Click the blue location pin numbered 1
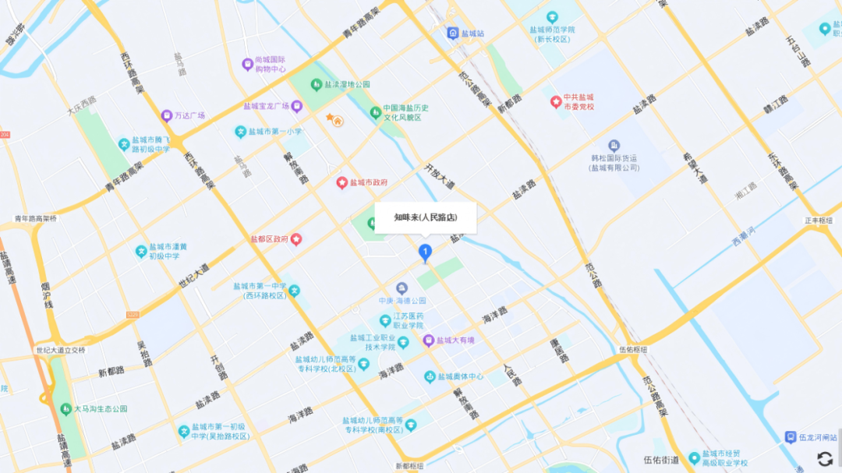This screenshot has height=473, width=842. (425, 252)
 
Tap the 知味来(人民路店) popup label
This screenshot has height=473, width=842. (425, 217)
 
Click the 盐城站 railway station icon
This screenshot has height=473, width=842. (452, 34)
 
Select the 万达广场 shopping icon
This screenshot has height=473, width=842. (166, 115)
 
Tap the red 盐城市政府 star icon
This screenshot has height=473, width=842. (341, 182)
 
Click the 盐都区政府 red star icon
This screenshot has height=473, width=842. (296, 239)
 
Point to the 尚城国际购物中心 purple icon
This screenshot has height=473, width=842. (247, 64)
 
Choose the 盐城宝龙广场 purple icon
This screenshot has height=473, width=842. (297, 105)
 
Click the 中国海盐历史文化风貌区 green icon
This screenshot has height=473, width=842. (375, 112)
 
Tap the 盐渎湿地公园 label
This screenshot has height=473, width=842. (347, 84)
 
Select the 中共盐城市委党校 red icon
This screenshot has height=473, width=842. (556, 101)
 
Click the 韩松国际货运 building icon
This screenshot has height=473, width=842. (614, 146)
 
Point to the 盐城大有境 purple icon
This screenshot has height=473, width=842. (429, 340)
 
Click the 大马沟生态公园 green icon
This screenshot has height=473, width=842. (65, 408)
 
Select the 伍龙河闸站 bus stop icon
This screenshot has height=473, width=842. (791, 437)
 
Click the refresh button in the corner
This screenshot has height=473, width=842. (824, 459)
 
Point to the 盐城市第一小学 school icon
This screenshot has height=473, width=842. (241, 131)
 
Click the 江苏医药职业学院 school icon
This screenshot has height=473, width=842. (384, 320)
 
